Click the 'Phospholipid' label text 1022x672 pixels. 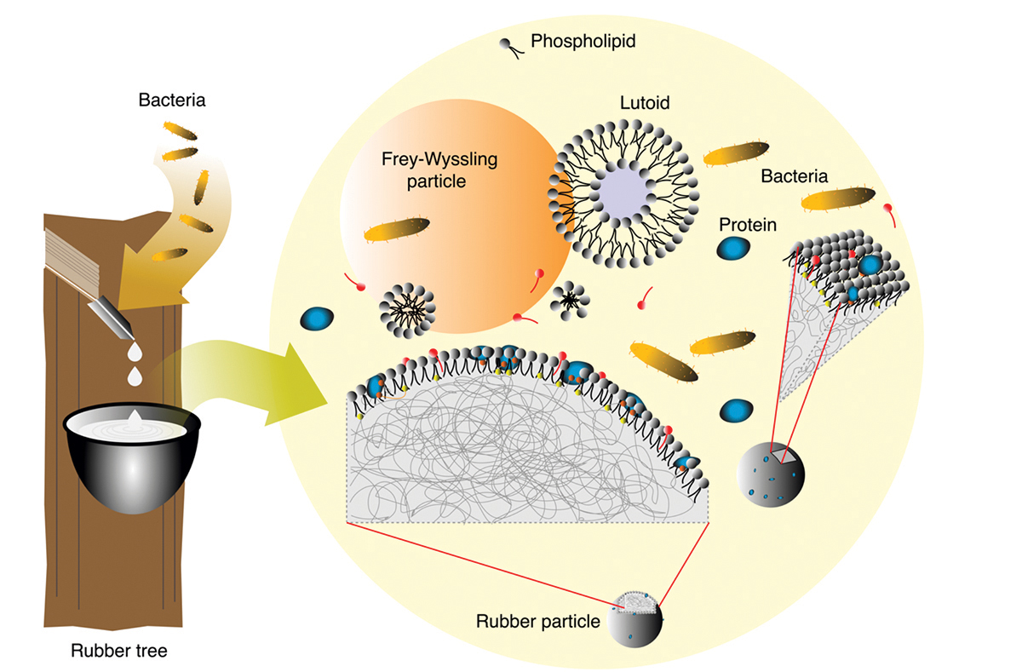(x=571, y=41)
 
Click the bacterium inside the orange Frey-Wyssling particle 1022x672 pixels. (x=397, y=230)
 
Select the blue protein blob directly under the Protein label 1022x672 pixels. (x=733, y=249)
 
